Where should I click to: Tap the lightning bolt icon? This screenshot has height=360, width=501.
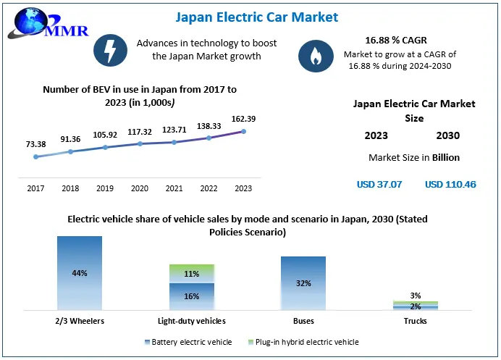coord(110,50)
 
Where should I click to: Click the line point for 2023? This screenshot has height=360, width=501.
coord(243,131)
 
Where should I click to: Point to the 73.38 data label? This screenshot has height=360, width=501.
coord(35,144)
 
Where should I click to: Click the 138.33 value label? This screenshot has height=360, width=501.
coord(209,126)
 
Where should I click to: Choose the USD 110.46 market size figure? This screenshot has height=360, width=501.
coord(450,185)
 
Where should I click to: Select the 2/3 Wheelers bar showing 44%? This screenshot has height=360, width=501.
coord(80,273)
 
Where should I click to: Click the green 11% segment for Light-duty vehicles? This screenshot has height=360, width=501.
coord(192,274)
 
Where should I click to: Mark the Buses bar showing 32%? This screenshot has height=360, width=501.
coord(303,283)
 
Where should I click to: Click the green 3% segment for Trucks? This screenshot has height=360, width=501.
coord(416,301)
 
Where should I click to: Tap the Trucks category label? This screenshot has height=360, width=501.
coord(416,320)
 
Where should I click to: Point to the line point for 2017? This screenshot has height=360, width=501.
coord(35,156)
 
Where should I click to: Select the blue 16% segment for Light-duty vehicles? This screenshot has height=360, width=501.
coord(192,296)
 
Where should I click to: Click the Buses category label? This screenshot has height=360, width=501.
coord(303,320)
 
